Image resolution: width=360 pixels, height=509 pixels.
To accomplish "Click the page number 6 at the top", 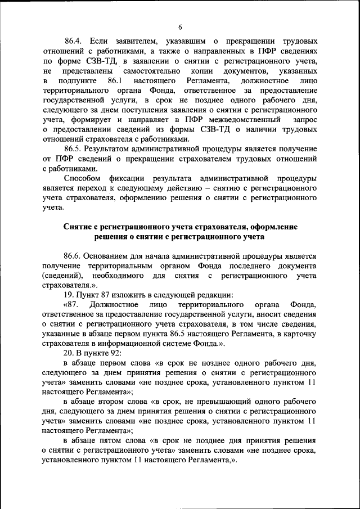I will tap(180, 27).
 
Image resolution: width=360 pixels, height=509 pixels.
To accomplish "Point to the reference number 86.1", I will tap(115, 82).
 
